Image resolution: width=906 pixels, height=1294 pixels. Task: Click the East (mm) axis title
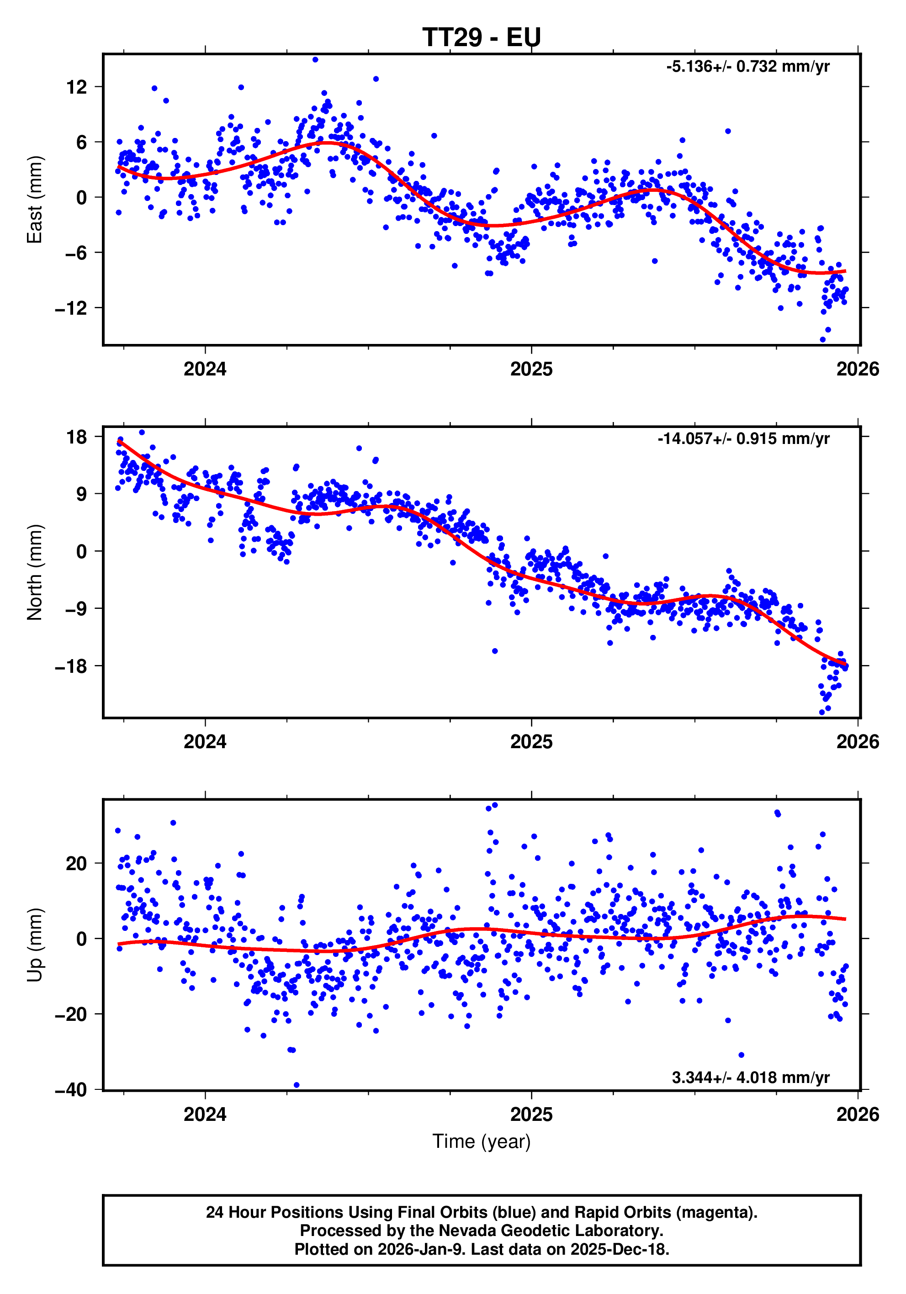35,200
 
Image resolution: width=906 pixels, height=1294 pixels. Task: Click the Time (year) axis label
481,1141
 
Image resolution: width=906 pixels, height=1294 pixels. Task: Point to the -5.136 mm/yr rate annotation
747,67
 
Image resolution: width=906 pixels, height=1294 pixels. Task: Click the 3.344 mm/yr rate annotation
750,1077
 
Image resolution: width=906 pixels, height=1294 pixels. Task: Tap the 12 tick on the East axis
76,87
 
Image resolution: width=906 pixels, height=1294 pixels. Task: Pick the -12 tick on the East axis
70,308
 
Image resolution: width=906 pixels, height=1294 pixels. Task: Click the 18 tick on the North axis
76,437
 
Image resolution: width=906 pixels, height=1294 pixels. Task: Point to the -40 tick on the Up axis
70,1090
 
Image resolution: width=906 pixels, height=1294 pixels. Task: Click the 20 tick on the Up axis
76,863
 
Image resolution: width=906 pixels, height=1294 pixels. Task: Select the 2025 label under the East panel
531,369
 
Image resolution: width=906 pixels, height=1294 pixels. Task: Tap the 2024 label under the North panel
205,742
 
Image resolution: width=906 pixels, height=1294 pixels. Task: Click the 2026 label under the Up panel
857,1115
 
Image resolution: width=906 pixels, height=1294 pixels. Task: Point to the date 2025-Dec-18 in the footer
619,1250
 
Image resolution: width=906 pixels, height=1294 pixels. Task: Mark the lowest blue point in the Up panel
297,1085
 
